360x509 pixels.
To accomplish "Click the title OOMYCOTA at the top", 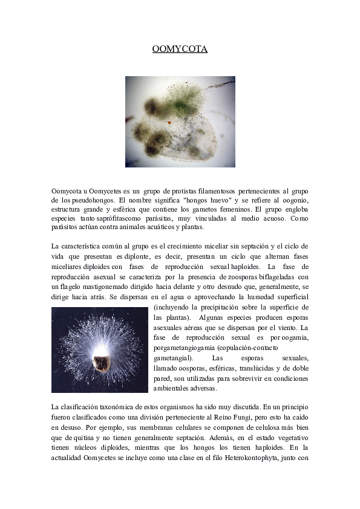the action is pos(180,49).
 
